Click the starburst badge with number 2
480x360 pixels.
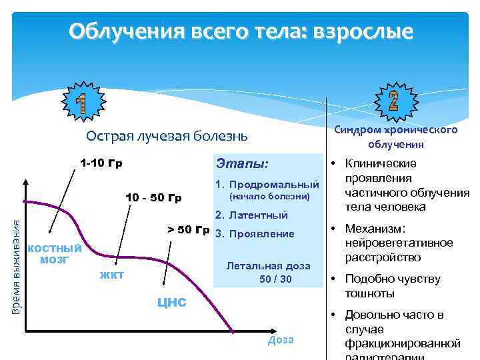[393, 100]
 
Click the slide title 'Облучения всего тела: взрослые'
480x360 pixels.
[241, 31]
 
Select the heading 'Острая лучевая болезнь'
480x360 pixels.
[167, 136]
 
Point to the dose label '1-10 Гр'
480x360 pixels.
[101, 163]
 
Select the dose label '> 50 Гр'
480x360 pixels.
[188, 230]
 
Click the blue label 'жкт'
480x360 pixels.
[111, 274]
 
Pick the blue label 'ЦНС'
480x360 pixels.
[171, 303]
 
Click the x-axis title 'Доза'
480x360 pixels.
[281, 339]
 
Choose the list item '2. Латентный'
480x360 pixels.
[251, 215]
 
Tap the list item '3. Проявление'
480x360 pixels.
[254, 234]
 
